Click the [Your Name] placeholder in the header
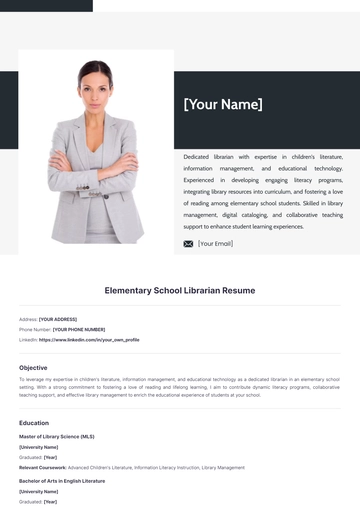pos(222,105)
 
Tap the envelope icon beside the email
pos(188,243)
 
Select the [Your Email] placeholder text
pos(215,243)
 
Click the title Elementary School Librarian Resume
pos(180,290)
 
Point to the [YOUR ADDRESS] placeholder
pos(58,319)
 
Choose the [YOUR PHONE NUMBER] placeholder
pos(79,329)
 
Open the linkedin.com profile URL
pos(89,339)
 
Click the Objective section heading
pos(33,367)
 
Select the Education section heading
pos(34,422)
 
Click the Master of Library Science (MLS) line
pos(56,437)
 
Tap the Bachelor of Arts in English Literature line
pos(61,481)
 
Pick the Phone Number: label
pos(35,329)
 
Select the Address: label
pos(28,319)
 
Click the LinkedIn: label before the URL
pos(28,339)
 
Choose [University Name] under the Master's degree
pos(38,447)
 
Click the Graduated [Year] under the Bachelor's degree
pos(37,501)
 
